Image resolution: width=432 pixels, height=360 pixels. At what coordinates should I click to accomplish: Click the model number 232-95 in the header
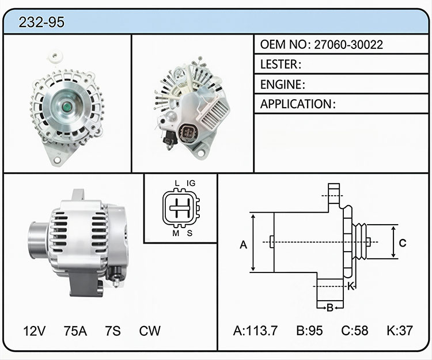[x=41, y=22]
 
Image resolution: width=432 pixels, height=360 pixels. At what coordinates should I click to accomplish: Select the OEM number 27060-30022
[x=348, y=44]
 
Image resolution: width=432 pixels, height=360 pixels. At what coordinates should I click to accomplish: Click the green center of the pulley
[x=67, y=107]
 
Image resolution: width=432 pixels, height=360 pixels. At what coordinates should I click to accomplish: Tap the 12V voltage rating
[x=35, y=331]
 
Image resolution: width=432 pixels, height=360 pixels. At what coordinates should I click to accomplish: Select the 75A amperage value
[x=75, y=331]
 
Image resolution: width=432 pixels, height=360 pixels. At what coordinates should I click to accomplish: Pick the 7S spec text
[x=113, y=331]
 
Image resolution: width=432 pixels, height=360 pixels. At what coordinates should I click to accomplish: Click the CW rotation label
[x=150, y=331]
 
